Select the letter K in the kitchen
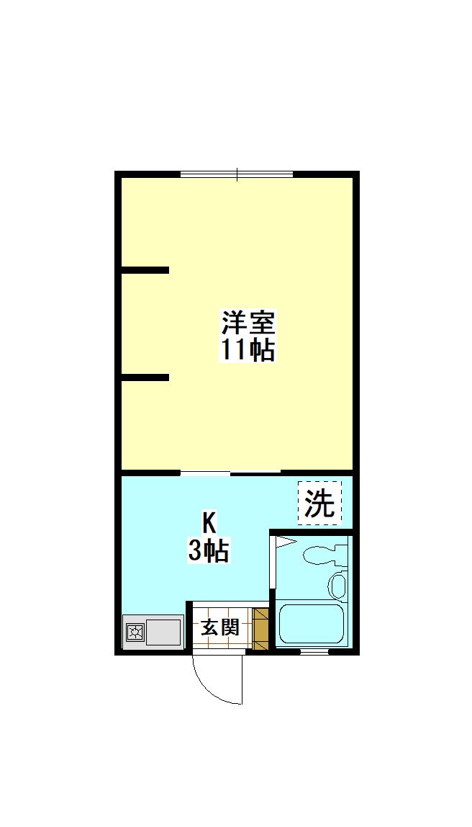click(x=208, y=522)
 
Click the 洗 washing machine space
click(x=320, y=503)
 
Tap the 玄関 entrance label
click(x=219, y=627)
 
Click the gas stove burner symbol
click(x=135, y=632)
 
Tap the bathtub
click(x=312, y=624)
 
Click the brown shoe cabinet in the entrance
click(x=260, y=627)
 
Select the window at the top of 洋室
click(x=237, y=174)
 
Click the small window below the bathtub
click(x=314, y=651)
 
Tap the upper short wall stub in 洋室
click(x=145, y=270)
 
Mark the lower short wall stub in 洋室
click(x=145, y=377)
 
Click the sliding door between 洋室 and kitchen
click(x=230, y=473)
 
